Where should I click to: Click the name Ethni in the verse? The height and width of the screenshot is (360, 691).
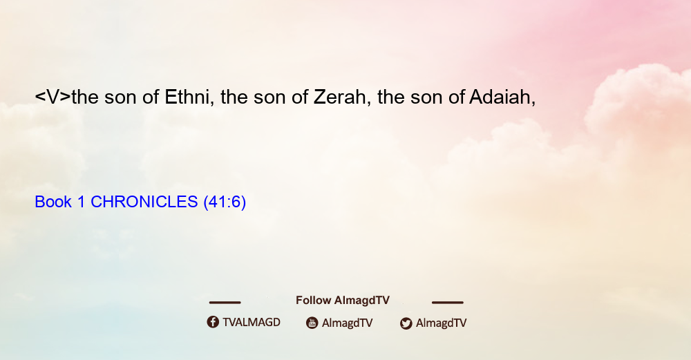[187, 97]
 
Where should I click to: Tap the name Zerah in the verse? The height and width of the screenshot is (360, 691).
[339, 97]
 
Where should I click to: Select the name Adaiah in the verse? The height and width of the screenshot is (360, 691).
[500, 97]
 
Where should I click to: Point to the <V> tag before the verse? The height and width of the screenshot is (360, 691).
[53, 97]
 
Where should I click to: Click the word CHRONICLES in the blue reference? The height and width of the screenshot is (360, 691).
[144, 202]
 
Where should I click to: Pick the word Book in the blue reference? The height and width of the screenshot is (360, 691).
[53, 202]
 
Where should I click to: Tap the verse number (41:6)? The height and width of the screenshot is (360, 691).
[225, 202]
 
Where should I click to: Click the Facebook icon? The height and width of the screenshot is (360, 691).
[213, 322]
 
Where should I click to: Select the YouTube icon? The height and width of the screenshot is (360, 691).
[312, 323]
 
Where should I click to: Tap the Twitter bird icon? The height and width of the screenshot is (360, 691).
[406, 323]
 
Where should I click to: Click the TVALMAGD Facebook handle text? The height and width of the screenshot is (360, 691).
[252, 323]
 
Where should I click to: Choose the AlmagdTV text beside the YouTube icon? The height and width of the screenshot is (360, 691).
[348, 323]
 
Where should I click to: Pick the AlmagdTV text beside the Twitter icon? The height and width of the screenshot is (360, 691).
[441, 323]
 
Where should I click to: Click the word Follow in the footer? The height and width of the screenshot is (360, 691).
[313, 301]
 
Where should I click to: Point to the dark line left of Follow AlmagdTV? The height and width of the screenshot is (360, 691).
[225, 303]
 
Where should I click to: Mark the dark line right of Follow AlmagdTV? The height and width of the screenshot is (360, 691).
[448, 303]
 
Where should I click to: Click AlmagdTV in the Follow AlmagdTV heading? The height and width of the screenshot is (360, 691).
[362, 301]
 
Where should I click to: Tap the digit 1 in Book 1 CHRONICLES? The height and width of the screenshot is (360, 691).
[81, 202]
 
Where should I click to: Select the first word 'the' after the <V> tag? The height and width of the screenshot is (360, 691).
[85, 97]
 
